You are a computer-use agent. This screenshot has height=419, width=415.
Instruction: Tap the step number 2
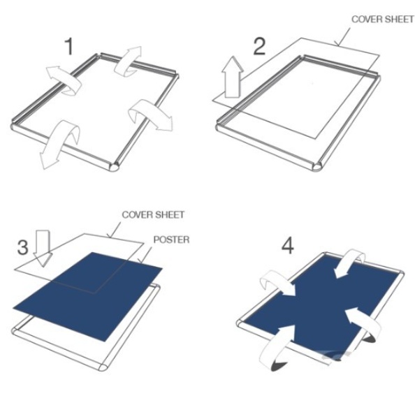[259, 46]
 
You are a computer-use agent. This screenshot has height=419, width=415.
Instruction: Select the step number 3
[23, 247]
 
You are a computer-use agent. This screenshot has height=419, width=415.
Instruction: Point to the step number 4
[288, 245]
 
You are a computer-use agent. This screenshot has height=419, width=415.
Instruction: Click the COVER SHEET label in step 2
[383, 20]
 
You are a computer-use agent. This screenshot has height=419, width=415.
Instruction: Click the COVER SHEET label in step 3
[153, 214]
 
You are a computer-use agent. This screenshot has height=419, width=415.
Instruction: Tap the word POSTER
[171, 240]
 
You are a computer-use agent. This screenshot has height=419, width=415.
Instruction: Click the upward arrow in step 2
[233, 77]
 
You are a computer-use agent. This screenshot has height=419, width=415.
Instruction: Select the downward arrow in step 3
[43, 248]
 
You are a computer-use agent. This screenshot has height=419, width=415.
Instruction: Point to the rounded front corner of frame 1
[115, 167]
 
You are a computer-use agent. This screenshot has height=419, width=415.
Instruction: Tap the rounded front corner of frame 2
[318, 166]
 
